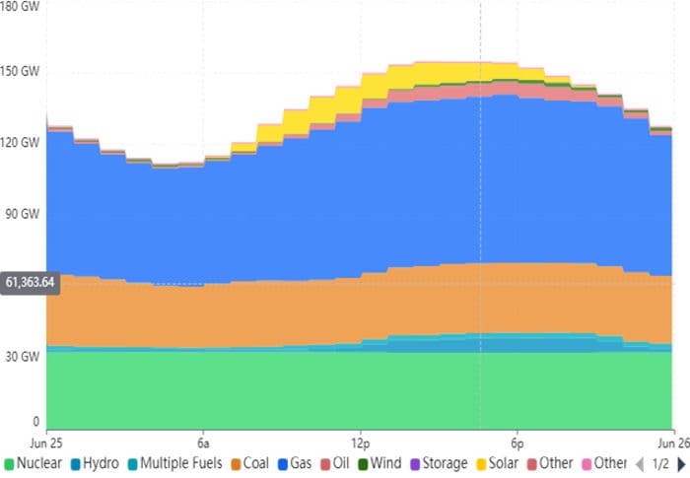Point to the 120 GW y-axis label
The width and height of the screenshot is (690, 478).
20,143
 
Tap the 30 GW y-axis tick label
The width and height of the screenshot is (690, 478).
20,356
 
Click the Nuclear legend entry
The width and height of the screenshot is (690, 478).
35,463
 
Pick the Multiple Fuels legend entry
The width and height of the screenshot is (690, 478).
173,463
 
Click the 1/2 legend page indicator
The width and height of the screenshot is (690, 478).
660,463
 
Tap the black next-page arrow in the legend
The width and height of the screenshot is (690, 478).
681,463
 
